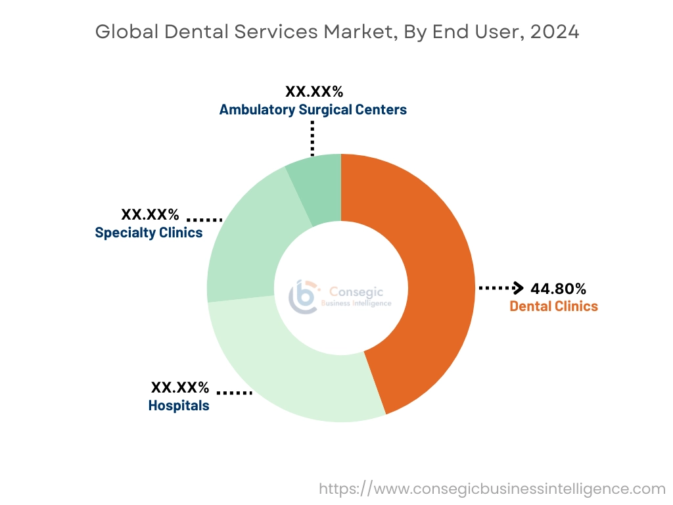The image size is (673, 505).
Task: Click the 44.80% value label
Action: coord(558,289)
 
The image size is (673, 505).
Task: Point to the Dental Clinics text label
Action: coord(553,306)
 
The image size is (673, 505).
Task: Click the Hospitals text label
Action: coord(179,406)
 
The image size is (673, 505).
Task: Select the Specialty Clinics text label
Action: coord(149,232)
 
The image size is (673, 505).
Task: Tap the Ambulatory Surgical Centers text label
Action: coord(313,109)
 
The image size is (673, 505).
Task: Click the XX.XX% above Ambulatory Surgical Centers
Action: coord(314,91)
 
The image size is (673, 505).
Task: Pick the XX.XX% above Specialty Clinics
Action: coord(150,214)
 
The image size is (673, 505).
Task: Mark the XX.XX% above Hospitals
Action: coord(180,387)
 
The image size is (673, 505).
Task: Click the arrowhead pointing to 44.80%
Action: coord(518,288)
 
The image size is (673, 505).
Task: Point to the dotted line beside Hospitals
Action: coord(234,393)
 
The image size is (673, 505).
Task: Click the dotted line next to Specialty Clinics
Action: coord(204,219)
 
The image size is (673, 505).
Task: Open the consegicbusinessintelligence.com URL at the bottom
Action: coord(492,489)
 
